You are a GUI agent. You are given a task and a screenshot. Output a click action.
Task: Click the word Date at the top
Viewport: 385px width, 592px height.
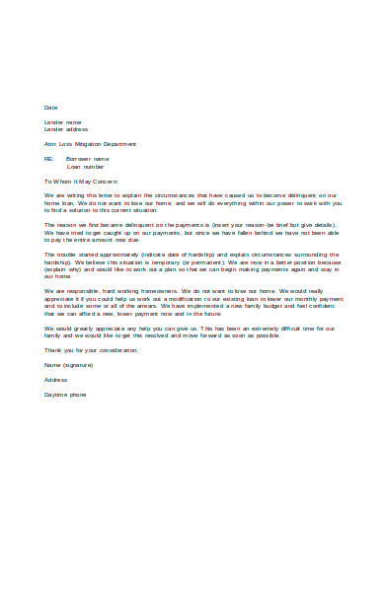click(51, 107)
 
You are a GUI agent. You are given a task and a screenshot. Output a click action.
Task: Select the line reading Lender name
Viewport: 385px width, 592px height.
click(62, 121)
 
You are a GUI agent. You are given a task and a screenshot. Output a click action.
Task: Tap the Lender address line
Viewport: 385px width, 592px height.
click(66, 129)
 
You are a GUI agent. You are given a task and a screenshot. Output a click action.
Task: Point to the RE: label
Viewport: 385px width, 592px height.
click(49, 158)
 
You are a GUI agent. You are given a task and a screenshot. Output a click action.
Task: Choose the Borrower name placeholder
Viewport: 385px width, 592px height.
click(87, 158)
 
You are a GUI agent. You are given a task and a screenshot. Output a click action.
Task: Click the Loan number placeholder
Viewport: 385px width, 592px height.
click(85, 166)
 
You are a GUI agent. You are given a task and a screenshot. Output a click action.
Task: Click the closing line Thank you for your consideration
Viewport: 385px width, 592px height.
click(92, 349)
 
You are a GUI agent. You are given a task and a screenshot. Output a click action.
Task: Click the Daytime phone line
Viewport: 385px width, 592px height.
click(65, 394)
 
